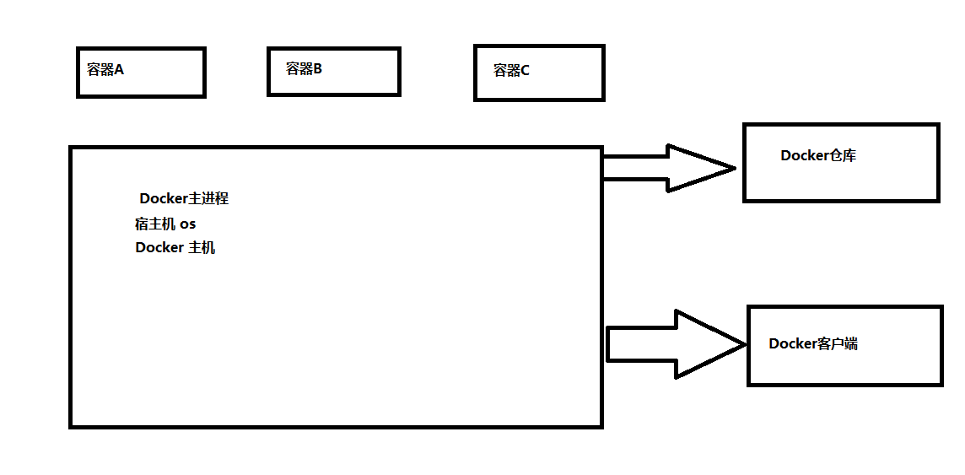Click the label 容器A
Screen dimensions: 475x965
click(105, 70)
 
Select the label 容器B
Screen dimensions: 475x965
click(304, 69)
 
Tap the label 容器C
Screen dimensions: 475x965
click(511, 71)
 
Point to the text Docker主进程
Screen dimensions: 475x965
click(184, 199)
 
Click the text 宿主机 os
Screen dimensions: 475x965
click(165, 224)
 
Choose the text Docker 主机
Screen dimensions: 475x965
click(175, 248)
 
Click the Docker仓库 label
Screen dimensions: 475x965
click(818, 155)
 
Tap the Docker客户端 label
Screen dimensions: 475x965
click(813, 343)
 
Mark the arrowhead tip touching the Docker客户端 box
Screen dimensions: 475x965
click(745, 343)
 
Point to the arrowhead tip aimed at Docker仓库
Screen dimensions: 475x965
click(734, 168)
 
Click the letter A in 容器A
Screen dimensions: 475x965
click(119, 70)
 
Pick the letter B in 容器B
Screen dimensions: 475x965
click(318, 69)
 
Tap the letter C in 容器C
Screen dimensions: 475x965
click(525, 71)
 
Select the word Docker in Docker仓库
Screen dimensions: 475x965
click(804, 155)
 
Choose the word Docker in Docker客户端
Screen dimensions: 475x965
click(792, 343)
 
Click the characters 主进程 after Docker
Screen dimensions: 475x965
click(209, 199)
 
